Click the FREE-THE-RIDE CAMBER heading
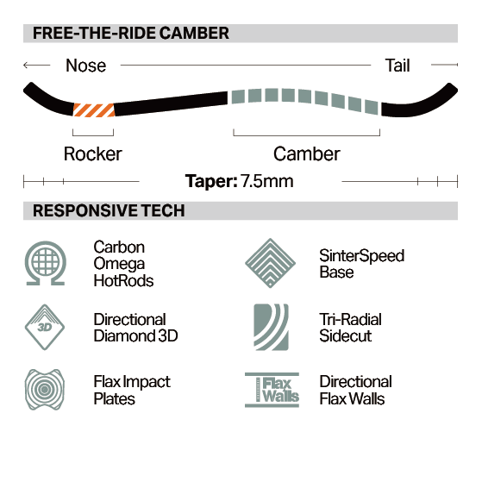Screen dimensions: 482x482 coord(131,33)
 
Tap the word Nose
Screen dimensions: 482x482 coord(85,66)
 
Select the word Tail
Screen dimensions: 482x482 coord(397,66)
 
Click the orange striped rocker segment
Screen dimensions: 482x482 coord(94,110)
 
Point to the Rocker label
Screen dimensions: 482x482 coord(93,153)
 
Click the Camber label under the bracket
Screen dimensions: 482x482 coord(307,153)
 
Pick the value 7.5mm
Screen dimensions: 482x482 coord(266,181)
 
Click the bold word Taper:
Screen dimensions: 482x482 coord(211,181)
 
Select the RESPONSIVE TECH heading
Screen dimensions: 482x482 coord(109,210)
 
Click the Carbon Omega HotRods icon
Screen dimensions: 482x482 coord(45,263)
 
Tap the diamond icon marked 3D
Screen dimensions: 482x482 coord(45,327)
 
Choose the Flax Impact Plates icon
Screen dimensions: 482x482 coord(45,389)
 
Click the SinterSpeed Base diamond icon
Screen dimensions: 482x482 coord(270,263)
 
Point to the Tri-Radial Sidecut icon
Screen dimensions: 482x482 coord(271,327)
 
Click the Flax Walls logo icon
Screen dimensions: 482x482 coord(272,390)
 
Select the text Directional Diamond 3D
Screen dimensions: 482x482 coord(135,328)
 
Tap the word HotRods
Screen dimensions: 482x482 coord(123,280)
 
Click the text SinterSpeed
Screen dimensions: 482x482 coord(362,256)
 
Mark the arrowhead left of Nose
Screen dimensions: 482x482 coord(26,66)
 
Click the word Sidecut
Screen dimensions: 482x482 coord(346,335)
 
